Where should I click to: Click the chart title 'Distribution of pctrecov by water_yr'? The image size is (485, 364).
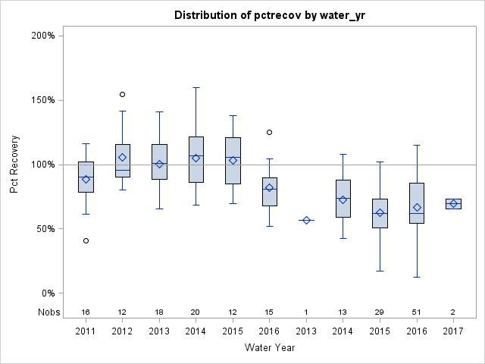click(x=269, y=15)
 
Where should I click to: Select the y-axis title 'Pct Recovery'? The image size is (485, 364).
click(x=14, y=165)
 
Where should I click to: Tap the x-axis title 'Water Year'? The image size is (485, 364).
click(x=269, y=347)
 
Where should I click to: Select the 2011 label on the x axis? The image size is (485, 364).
click(x=86, y=331)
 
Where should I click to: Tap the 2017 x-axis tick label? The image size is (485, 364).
click(x=453, y=331)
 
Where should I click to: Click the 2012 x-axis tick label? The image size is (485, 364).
click(x=123, y=331)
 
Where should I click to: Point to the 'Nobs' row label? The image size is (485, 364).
click(x=47, y=312)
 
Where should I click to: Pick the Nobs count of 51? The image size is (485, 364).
click(x=416, y=312)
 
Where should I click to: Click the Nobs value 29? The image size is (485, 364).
click(x=380, y=312)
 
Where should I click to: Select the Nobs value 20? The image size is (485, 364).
click(x=196, y=312)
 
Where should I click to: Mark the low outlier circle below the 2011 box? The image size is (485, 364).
click(x=86, y=240)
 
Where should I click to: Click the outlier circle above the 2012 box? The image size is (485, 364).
click(x=123, y=94)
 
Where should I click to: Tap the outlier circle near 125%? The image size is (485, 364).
click(x=269, y=132)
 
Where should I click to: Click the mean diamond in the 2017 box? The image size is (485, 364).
click(x=453, y=203)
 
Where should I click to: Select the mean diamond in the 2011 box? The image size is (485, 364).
click(x=86, y=179)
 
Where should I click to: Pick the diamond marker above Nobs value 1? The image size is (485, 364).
click(x=306, y=220)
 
